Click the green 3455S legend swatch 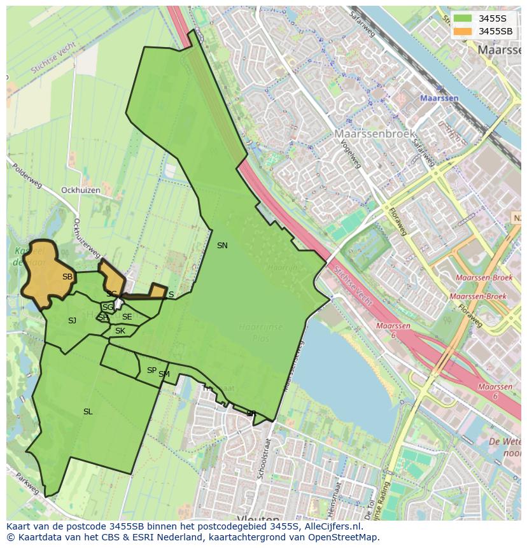coord(463,18)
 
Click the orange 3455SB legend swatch coord(463,31)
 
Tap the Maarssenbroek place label coord(375,134)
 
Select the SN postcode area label coord(222,246)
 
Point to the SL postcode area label coord(88,412)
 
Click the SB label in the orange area coord(67,277)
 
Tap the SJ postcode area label coord(72,321)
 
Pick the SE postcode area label coord(127,317)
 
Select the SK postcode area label coord(120,331)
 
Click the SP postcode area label coord(151,370)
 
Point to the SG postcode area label coord(108,307)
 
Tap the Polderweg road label coord(27,175)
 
